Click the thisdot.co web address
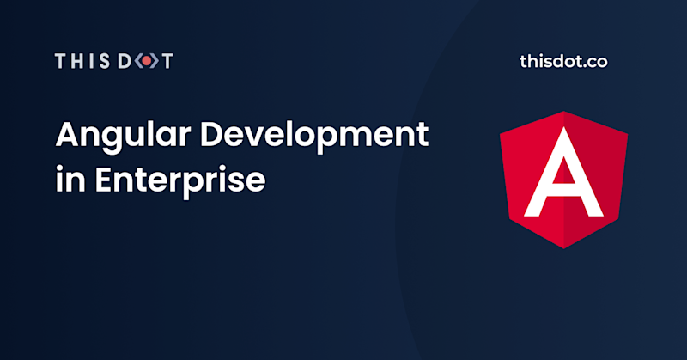tap(563, 62)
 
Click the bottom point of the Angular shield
tap(563, 246)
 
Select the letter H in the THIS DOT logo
tap(79, 61)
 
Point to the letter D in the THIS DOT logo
tap(125, 61)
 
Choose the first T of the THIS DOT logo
tap(62, 61)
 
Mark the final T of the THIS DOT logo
tap(166, 61)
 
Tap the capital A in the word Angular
tap(68, 136)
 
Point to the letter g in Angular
tap(111, 142)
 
